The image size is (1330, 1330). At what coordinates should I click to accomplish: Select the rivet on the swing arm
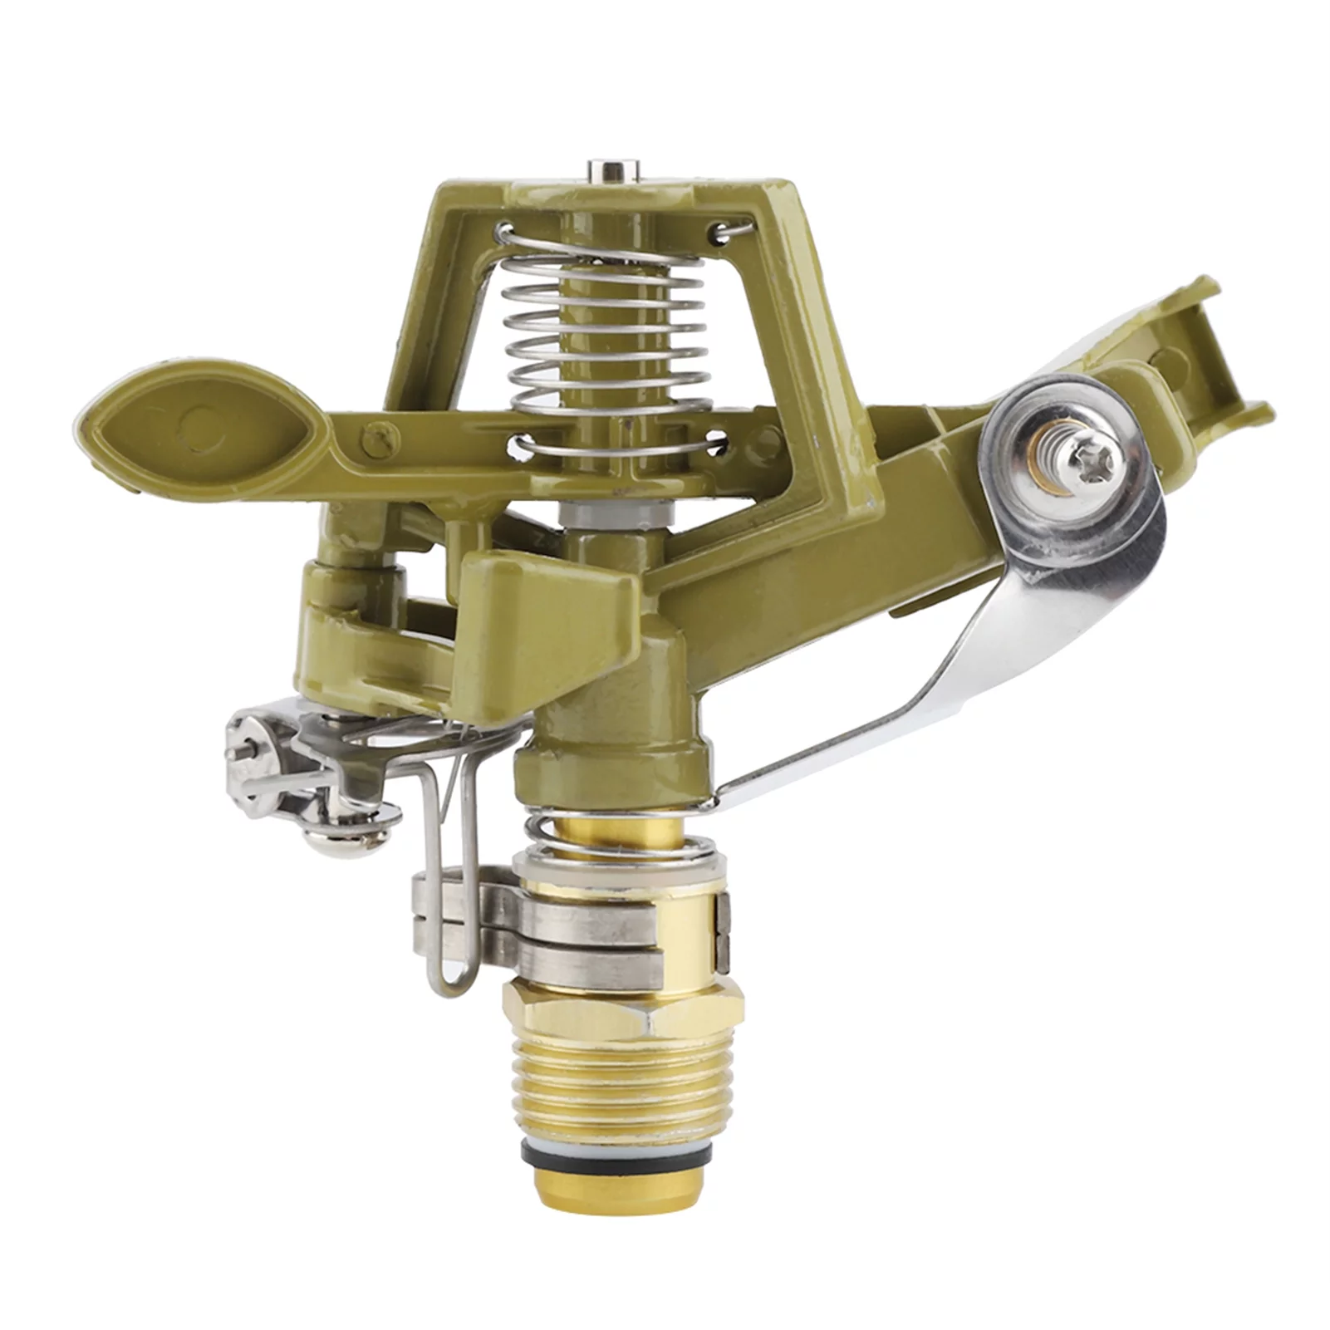point(381,432)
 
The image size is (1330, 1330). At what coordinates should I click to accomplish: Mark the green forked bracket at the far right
point(1213,349)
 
